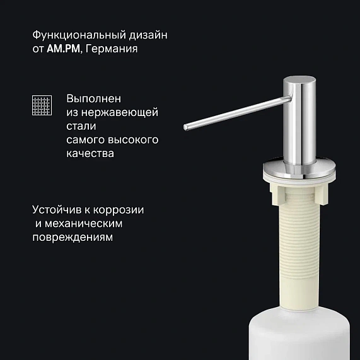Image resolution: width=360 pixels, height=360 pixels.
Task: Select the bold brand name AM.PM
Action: pyautogui.click(x=64, y=47)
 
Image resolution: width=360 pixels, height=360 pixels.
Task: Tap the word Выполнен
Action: pyautogui.click(x=93, y=98)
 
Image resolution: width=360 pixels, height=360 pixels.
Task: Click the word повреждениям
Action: pyautogui.click(x=71, y=238)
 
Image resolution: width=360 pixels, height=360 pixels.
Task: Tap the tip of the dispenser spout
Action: pyautogui.click(x=187, y=127)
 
